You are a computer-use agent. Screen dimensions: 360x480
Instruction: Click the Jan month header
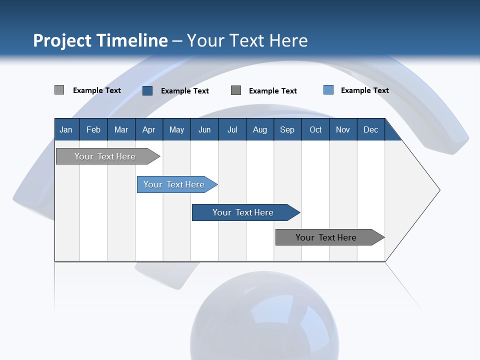[x=66, y=129]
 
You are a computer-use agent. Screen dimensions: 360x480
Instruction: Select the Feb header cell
[x=93, y=129]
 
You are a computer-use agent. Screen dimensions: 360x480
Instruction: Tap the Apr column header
[x=149, y=129]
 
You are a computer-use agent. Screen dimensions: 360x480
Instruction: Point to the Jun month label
[x=204, y=129]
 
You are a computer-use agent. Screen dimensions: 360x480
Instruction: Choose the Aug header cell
[x=260, y=129]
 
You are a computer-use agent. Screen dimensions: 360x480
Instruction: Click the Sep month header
[x=287, y=129]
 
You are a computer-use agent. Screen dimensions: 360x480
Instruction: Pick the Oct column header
[x=315, y=129]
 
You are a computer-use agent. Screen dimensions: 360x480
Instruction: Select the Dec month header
[x=371, y=129]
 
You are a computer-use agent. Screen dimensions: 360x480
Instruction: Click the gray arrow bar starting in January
[x=105, y=156]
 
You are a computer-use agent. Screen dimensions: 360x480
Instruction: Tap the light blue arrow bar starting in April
[x=174, y=184]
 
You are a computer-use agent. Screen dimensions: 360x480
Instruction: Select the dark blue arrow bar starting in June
[x=243, y=212]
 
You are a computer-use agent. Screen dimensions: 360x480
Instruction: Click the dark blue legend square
[x=147, y=90]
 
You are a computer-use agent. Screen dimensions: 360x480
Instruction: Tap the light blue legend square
[x=328, y=90]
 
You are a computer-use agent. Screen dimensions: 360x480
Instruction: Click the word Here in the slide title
[x=288, y=40]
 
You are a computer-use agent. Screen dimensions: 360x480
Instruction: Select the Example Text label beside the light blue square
[x=365, y=90]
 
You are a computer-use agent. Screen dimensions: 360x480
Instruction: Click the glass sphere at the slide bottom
[x=264, y=317]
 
